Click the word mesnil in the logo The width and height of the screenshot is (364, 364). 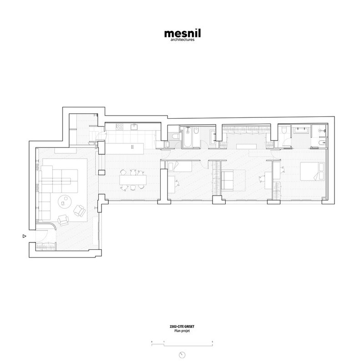tap(182, 33)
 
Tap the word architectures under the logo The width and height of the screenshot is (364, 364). tap(182, 40)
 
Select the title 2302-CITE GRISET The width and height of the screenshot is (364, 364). tap(182, 326)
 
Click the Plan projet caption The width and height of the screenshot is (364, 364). tap(182, 331)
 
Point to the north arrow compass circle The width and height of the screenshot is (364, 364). tap(182, 355)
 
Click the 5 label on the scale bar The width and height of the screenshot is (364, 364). tap(212, 342)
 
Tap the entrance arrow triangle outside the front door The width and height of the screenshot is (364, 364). tap(25, 236)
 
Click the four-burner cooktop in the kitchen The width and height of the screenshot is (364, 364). tap(120, 127)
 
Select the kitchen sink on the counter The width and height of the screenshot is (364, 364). tap(134, 127)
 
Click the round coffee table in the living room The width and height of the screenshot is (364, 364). tap(65, 202)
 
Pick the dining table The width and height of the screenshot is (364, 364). tap(133, 180)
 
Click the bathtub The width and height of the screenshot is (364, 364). tap(187, 137)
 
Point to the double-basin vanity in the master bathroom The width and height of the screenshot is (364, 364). tap(301, 130)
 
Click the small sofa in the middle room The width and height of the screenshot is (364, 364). tap(227, 180)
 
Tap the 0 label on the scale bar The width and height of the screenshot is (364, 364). tap(152, 342)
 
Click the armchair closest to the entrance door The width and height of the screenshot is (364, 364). tap(63, 220)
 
